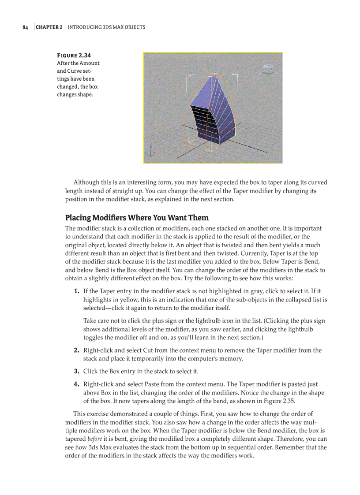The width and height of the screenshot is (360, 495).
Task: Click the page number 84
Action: tap(25, 27)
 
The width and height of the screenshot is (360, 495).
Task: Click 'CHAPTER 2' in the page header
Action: tap(49, 27)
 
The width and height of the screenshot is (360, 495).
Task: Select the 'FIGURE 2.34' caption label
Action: tap(74, 55)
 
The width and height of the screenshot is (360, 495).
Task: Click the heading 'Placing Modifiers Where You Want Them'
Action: tap(137, 218)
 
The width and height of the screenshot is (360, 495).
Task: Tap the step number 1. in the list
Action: tap(76, 291)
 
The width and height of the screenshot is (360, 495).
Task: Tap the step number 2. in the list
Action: tap(76, 350)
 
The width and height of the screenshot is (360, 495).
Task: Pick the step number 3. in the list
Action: tap(76, 371)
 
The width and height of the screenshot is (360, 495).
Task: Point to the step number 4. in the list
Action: tap(76, 384)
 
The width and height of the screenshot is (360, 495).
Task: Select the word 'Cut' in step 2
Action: tap(148, 350)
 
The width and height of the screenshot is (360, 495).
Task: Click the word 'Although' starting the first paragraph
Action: tap(86, 182)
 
